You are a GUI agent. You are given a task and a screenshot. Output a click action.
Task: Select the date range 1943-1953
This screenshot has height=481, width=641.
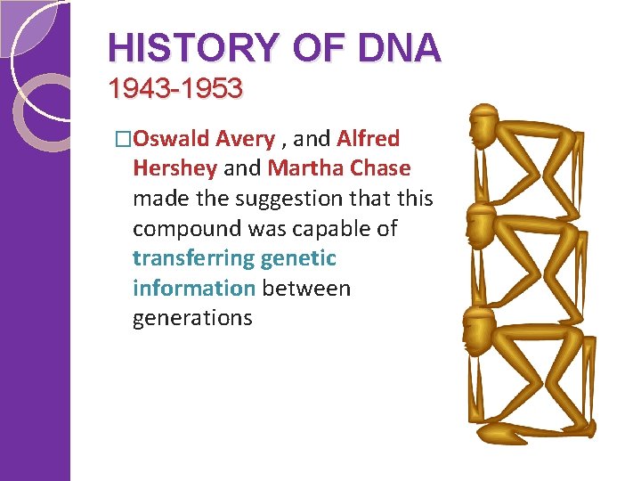click(x=174, y=89)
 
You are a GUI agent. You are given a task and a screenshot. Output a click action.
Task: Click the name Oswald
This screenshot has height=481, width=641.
click(x=172, y=139)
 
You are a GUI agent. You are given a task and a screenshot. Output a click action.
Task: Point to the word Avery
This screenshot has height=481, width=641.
click(x=246, y=139)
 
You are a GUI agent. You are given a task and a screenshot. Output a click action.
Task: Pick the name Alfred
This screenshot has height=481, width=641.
click(x=369, y=139)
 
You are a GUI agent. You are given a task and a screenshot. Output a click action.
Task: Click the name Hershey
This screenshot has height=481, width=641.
click(x=174, y=168)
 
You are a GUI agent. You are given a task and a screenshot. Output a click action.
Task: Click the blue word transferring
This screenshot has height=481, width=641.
click(x=193, y=259)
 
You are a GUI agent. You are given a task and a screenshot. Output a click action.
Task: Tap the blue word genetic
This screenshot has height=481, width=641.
click(x=299, y=259)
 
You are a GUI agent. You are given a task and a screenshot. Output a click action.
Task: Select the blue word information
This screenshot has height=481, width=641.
click(x=193, y=289)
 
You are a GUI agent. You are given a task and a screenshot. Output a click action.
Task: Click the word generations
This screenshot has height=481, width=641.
click(x=192, y=319)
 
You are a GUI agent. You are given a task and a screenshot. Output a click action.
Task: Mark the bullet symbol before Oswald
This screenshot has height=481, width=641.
click(x=123, y=140)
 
